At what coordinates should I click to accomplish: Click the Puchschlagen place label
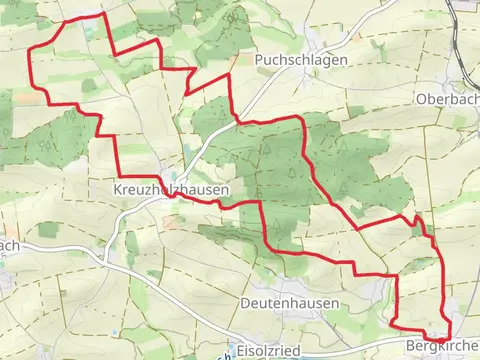coord(300,60)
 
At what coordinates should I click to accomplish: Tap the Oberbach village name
coord(446,100)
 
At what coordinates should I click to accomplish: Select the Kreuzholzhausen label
coord(172,188)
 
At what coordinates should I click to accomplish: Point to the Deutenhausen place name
coord(289,301)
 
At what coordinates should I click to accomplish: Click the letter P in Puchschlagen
coord(259,60)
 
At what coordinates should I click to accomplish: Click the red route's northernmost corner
coord(103,15)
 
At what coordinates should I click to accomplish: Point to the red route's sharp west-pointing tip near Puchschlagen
coord(186,95)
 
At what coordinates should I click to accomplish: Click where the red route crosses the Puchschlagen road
coord(237,121)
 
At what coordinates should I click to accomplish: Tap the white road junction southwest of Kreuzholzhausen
coord(106,262)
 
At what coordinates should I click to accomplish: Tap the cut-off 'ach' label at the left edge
coord(9,245)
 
